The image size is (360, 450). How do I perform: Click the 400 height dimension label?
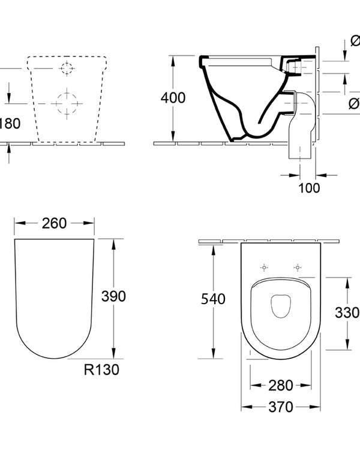pos(173,98)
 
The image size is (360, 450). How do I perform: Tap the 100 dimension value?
pos(309,188)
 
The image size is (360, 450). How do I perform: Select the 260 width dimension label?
pos(55,223)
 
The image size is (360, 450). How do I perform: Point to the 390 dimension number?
pos(113,296)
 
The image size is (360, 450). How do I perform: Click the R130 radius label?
pos(103,370)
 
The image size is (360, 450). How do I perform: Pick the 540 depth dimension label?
pos(213,298)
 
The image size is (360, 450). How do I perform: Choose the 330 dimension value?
pos(347,312)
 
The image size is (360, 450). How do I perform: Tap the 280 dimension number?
pos(280,385)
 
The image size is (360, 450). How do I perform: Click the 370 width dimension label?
pos(280,407)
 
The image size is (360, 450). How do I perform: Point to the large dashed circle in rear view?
pos(66,103)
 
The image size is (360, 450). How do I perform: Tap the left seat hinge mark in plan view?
pos(264,267)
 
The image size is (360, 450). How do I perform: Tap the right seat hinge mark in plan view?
pos(296,267)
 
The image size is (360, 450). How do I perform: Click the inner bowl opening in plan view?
pos(280,307)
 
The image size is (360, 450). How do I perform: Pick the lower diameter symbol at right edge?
pos(354,103)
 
